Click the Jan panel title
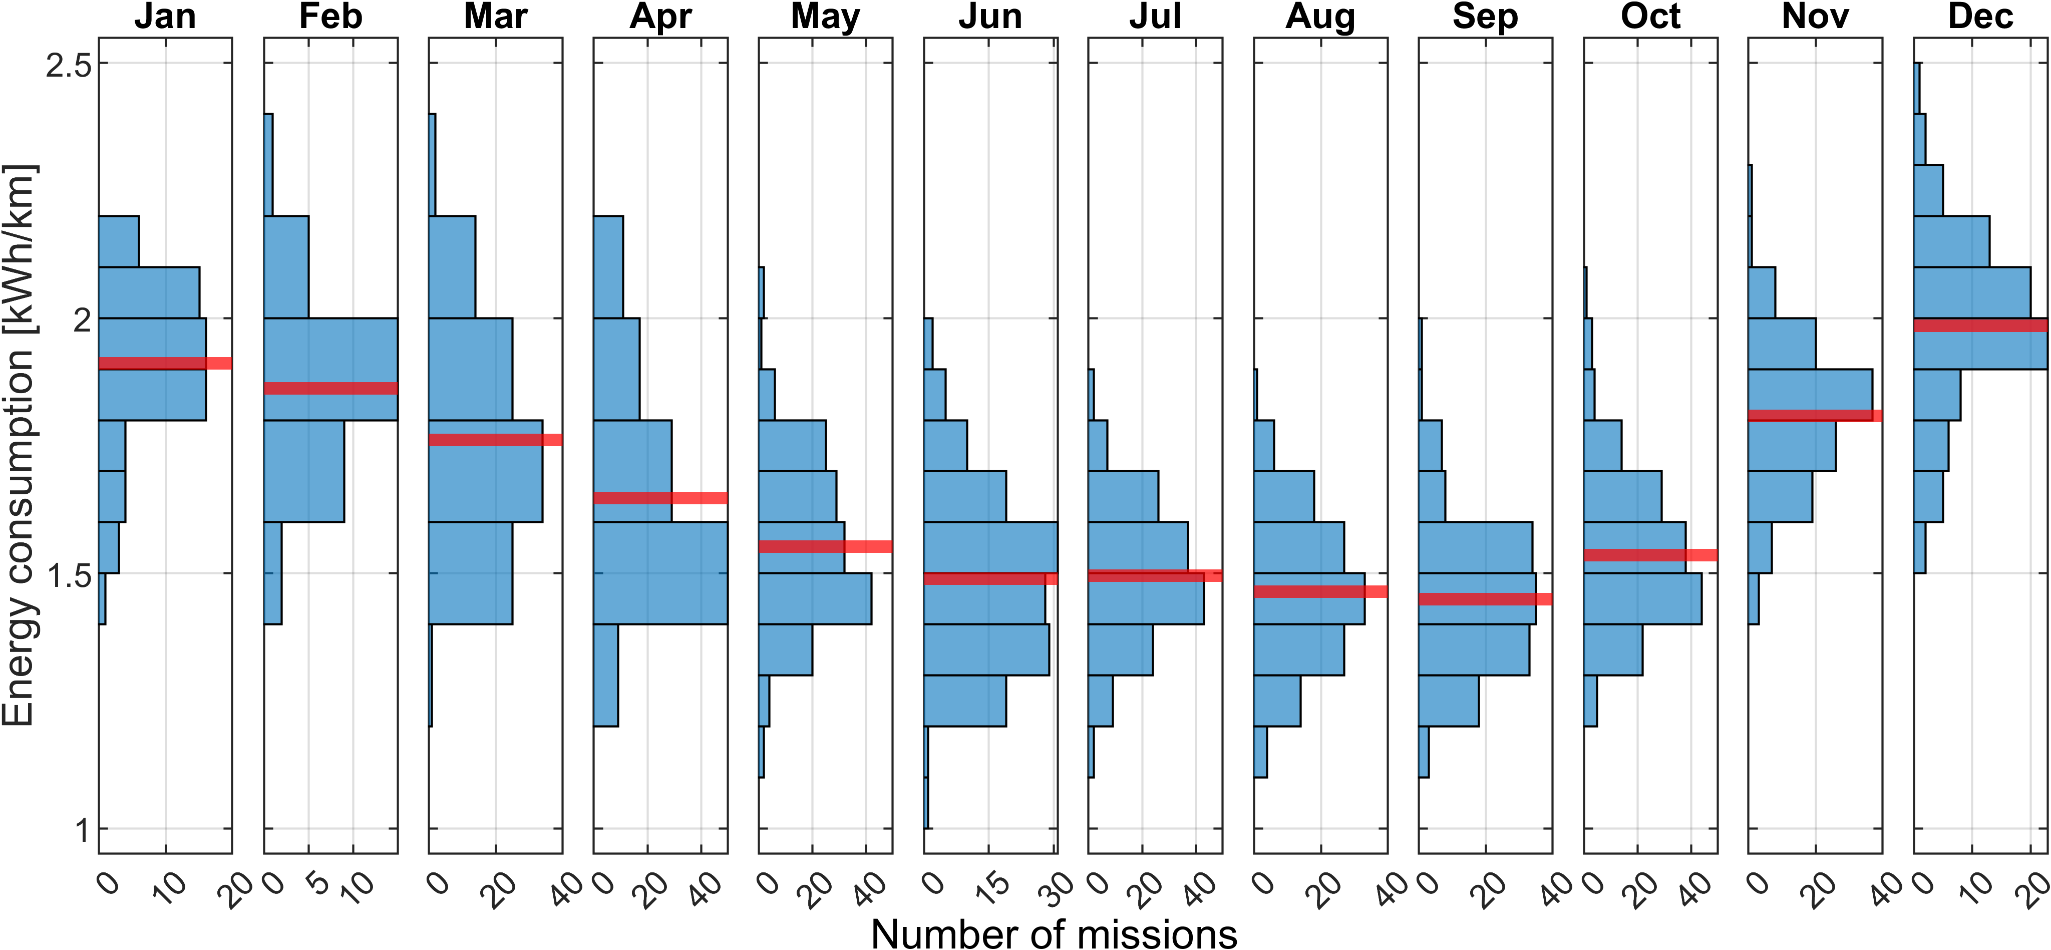(165, 16)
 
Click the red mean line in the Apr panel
(660, 498)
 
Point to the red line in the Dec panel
(1980, 325)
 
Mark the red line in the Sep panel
(1485, 599)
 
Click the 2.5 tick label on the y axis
(69, 65)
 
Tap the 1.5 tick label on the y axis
(69, 575)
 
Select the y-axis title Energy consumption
(19, 446)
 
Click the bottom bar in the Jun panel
(926, 803)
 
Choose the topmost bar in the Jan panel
(119, 241)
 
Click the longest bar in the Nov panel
(1810, 394)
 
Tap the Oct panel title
(1650, 16)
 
